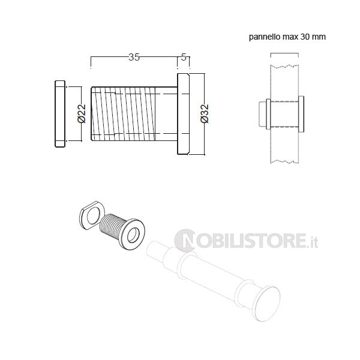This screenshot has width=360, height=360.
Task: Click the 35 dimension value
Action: pos(134,57)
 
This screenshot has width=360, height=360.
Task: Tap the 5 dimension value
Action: pos(184,57)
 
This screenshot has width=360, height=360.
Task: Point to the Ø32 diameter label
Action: pos(205,113)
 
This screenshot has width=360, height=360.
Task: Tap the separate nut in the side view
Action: pos(60,114)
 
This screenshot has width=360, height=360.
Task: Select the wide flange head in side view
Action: pos(183,114)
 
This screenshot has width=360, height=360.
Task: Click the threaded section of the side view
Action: pos(124,113)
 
